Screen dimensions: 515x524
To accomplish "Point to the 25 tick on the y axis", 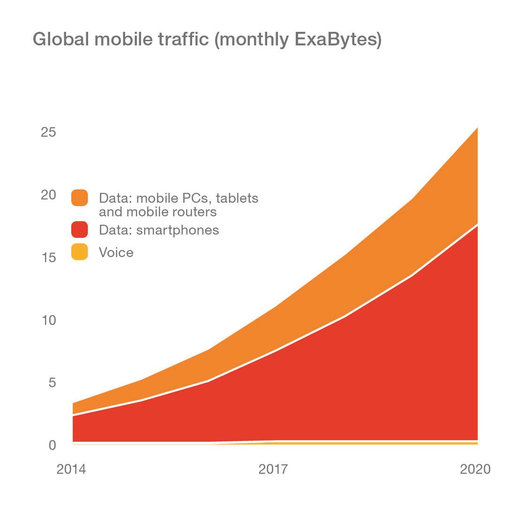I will (48, 132).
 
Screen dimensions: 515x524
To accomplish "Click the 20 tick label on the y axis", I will (48, 195).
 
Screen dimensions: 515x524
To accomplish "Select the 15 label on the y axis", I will (48, 257).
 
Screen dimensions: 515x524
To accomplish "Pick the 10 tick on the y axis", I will (48, 320).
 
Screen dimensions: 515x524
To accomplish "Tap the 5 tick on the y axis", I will (52, 383).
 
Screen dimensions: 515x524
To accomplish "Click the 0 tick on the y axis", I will (52, 445).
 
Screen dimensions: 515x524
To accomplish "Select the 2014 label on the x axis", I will (71, 469).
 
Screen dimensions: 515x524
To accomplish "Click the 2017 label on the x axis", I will (273, 469).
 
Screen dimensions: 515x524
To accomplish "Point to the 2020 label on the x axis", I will (475, 469).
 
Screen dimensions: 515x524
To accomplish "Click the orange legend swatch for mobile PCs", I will (80, 198).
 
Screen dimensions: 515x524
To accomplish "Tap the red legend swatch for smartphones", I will (80, 230).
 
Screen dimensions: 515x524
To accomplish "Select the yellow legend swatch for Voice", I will (80, 252).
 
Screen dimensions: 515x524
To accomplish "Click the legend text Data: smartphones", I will (158, 230).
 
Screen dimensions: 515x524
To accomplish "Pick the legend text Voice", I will (116, 252).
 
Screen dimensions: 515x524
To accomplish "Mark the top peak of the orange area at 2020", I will (477, 128).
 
